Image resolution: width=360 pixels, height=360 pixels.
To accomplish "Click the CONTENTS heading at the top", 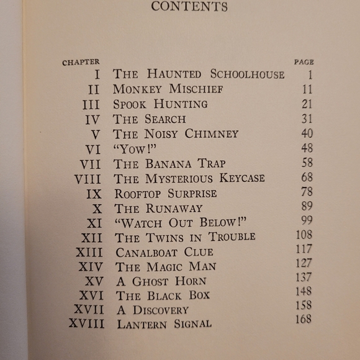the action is point(189,7).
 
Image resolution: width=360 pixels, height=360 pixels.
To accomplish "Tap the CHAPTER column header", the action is point(81,62).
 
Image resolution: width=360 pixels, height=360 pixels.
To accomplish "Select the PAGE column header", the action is point(304,62).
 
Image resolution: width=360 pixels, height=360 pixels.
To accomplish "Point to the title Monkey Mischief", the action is point(168,89).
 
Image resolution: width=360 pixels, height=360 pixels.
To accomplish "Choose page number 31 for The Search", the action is point(307,118).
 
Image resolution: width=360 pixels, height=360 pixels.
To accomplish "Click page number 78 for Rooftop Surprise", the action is point(306,192).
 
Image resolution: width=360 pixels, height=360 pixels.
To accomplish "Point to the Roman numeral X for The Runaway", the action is point(97,208).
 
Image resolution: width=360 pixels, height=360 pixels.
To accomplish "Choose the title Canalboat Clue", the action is point(164,252).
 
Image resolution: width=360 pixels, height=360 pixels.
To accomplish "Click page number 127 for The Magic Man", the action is point(304,263).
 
